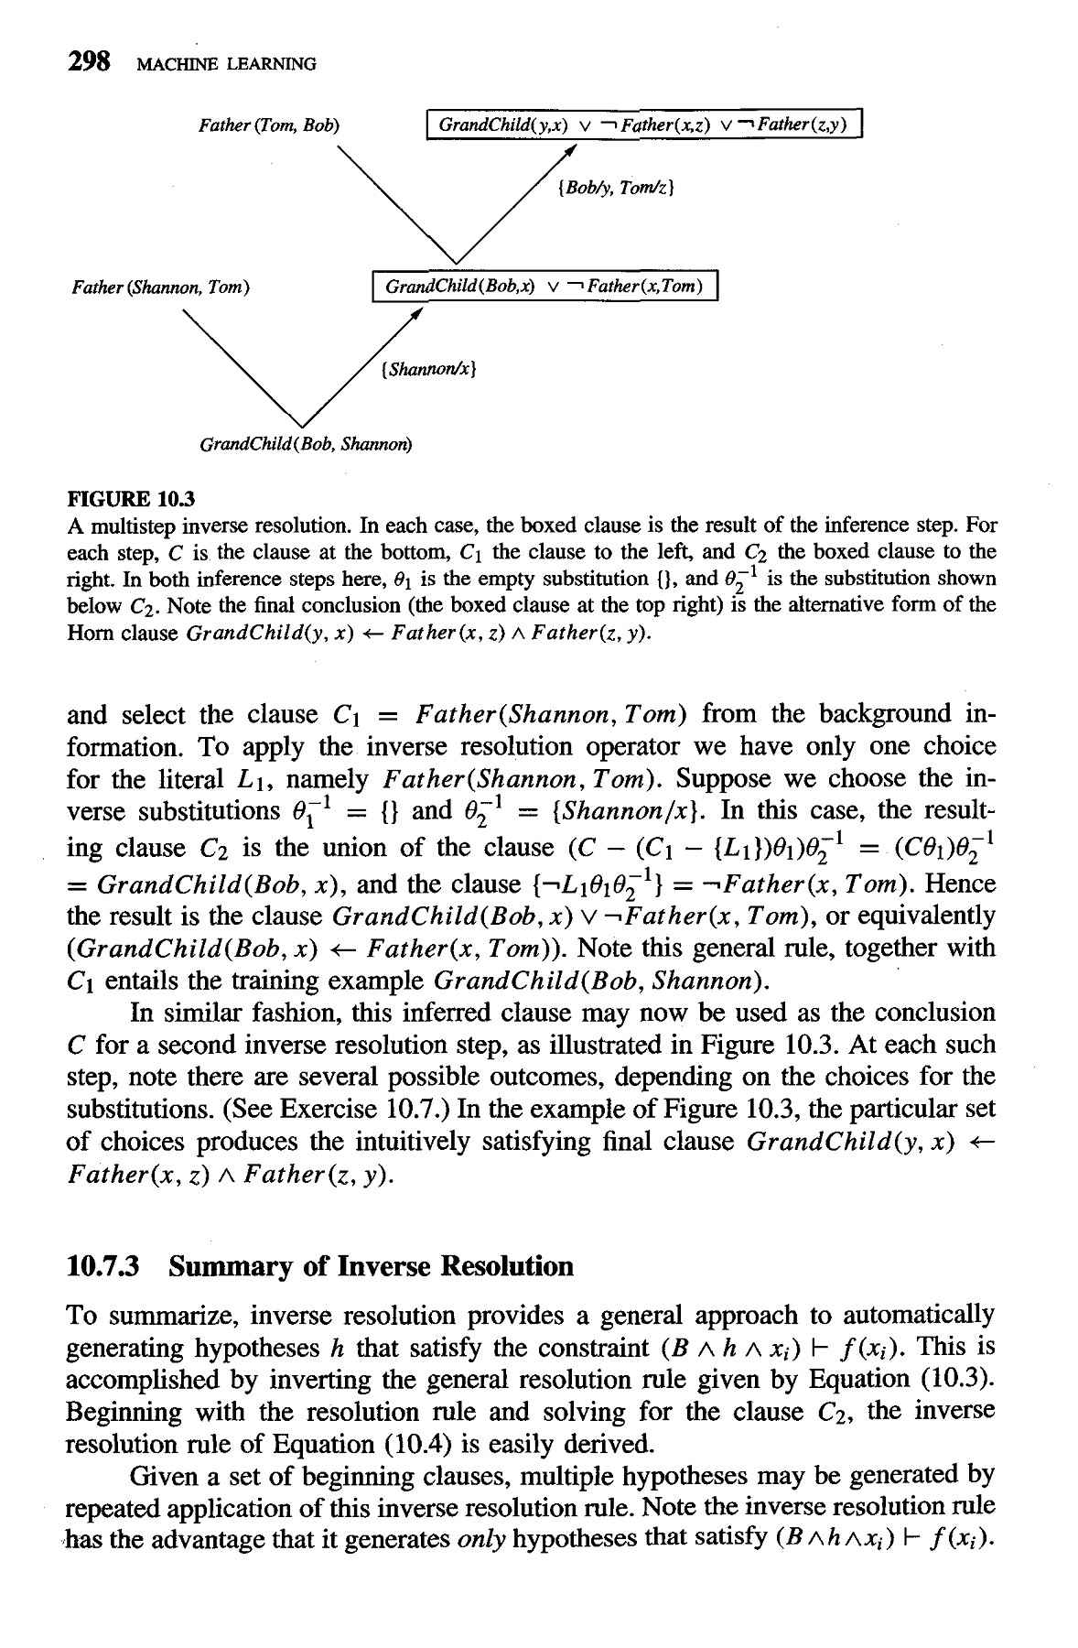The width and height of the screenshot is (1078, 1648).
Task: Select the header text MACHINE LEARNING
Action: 225,63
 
